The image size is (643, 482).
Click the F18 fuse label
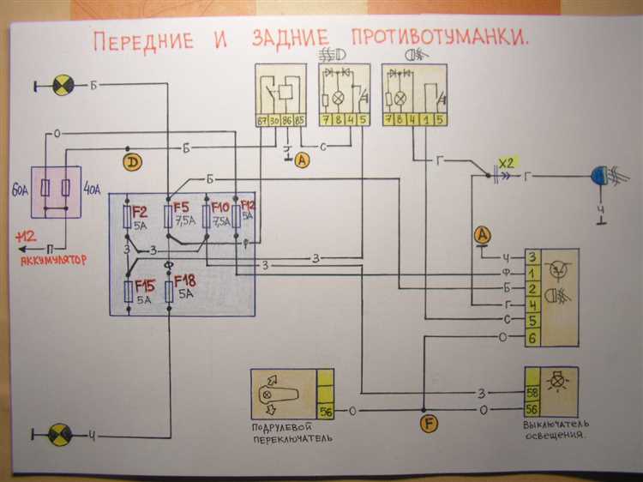186,280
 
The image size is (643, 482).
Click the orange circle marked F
429,421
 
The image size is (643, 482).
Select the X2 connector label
508,162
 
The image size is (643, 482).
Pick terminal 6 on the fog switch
532,340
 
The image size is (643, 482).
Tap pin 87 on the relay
262,121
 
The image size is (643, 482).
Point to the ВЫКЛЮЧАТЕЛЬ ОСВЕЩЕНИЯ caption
554,429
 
